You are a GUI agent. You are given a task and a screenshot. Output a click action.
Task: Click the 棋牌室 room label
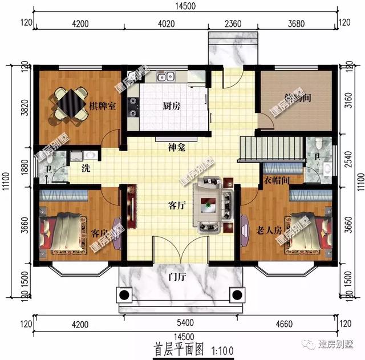pos(103,106)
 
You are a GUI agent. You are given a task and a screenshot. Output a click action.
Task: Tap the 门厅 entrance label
pos(176,278)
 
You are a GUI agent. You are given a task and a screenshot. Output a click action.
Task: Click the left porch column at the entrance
pos(123,296)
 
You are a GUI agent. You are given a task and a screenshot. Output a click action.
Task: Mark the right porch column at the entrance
pos(236,296)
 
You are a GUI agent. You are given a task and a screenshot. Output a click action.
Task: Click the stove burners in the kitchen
pos(133,107)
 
